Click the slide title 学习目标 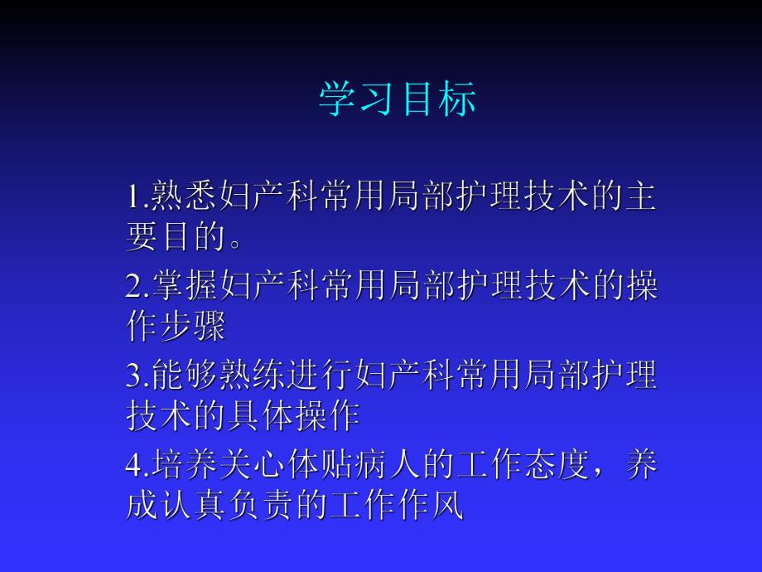(398, 100)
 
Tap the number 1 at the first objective (133, 197)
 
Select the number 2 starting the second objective (133, 287)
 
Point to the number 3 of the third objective (133, 376)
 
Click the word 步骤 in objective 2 (193, 327)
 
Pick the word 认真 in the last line (193, 506)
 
